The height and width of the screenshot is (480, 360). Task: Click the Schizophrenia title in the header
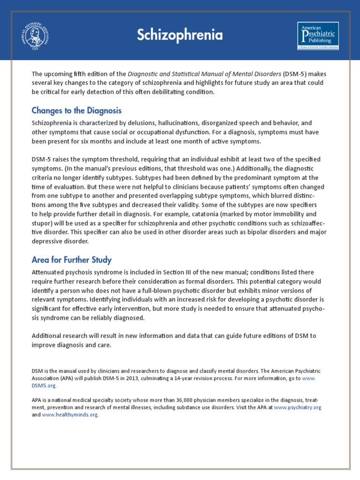[x=180, y=35]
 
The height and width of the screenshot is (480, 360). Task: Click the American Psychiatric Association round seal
[x=35, y=35]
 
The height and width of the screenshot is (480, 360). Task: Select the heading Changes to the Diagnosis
[x=76, y=111]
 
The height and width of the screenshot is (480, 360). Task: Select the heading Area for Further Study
[x=71, y=260]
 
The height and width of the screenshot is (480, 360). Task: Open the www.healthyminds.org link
[x=70, y=415]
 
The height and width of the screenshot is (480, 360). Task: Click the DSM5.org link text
[x=45, y=386]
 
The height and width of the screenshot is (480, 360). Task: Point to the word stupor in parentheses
[x=41, y=225]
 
